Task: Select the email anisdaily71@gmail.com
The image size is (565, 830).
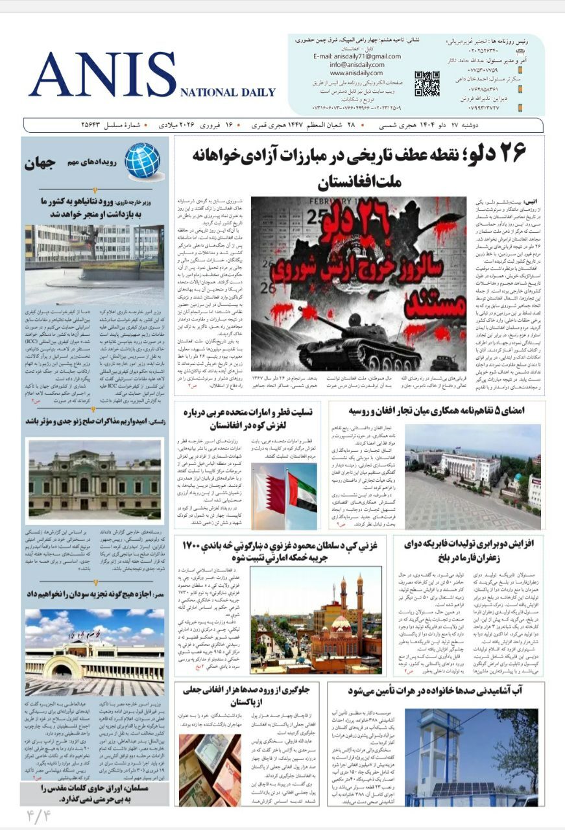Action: point(349,56)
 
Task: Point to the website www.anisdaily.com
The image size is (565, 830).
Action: point(354,73)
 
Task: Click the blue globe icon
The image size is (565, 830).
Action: point(142,161)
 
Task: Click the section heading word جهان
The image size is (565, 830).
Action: point(42,163)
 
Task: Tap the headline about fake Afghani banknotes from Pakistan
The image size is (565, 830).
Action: point(250,697)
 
